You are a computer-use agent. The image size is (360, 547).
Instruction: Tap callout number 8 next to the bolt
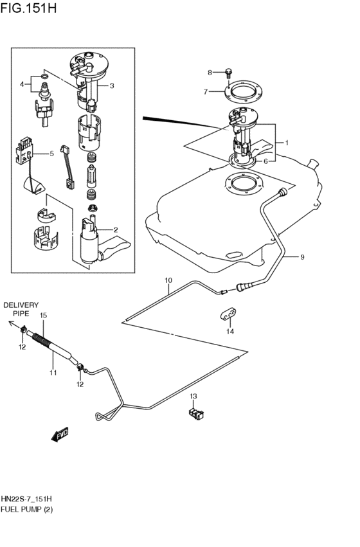point(209,72)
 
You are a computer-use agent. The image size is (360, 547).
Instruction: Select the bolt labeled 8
point(229,73)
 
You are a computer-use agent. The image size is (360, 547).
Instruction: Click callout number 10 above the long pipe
point(168,280)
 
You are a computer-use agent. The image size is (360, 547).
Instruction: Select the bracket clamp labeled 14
point(230,314)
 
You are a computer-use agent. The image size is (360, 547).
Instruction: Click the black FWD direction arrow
point(60,435)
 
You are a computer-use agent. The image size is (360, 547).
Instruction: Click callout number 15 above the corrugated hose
point(44,316)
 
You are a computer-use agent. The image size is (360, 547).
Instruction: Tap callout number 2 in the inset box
point(115,229)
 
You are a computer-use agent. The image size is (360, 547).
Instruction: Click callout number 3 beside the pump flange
point(111,85)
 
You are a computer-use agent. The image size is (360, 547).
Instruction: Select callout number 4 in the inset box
point(22,84)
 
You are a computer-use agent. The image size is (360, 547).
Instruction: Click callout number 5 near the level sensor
point(52,154)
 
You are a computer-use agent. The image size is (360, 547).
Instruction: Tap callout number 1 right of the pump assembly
point(286,143)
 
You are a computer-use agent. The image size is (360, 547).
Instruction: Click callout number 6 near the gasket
point(265,161)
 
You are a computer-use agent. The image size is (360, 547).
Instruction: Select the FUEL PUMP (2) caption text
point(27,510)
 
